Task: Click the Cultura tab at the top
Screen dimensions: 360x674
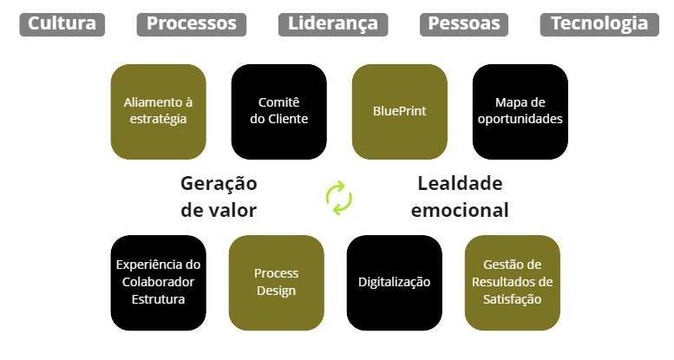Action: click(62, 24)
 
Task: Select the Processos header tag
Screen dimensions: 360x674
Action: click(191, 24)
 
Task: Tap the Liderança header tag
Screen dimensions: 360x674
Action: click(333, 24)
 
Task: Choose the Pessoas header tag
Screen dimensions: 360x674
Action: click(464, 24)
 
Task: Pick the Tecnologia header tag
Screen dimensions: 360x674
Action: click(599, 24)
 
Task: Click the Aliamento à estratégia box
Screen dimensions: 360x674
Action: click(159, 111)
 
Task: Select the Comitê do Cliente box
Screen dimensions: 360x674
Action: click(279, 111)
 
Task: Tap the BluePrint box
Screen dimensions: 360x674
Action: click(399, 111)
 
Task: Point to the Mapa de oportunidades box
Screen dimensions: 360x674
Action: click(520, 111)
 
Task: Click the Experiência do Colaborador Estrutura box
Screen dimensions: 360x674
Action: click(159, 282)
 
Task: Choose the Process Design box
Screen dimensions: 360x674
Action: click(277, 282)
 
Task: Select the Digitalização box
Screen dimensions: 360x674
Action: click(395, 282)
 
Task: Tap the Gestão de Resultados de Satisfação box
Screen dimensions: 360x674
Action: click(513, 282)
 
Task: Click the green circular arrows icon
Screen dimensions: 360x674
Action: click(339, 197)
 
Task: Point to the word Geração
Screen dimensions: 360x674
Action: click(219, 184)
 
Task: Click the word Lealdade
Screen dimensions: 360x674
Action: click(460, 184)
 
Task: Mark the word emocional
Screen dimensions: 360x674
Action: click(460, 211)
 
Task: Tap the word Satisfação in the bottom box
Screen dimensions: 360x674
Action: click(513, 299)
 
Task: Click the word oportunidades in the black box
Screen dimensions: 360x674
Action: click(520, 119)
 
